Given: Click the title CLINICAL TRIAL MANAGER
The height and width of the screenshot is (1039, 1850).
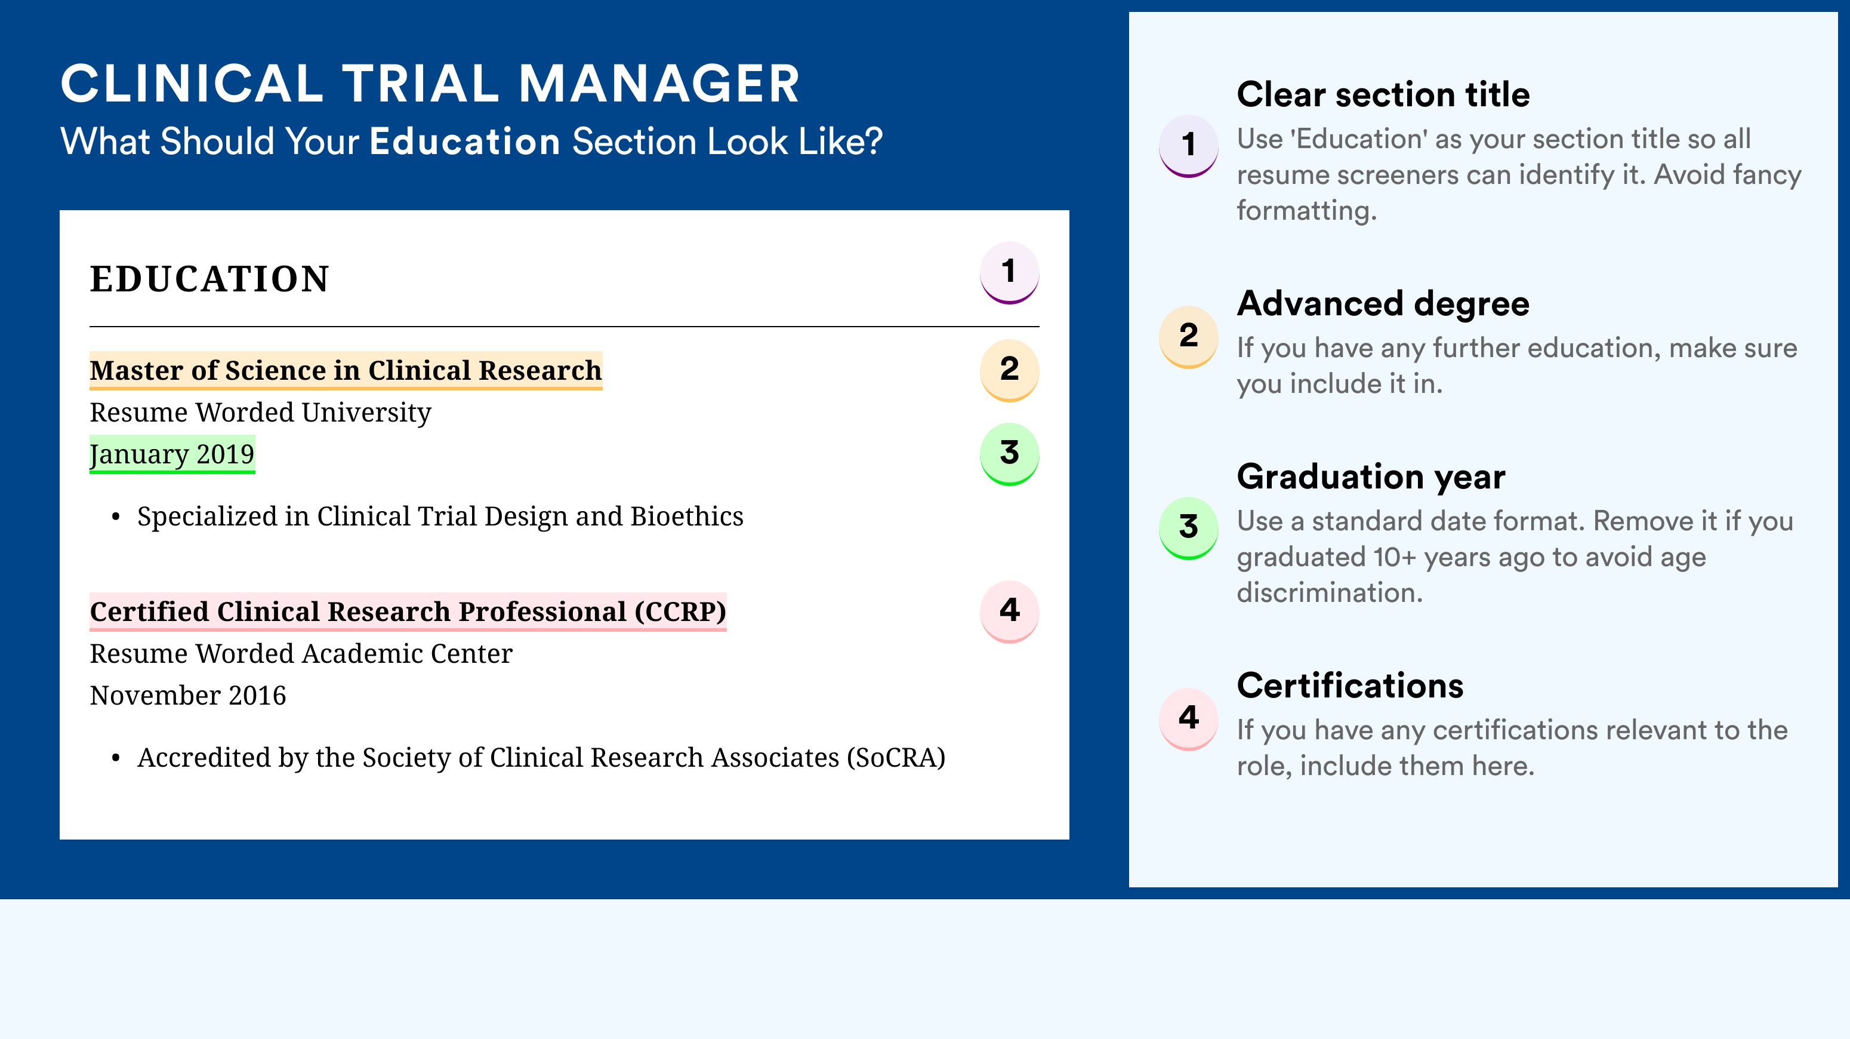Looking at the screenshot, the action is (430, 84).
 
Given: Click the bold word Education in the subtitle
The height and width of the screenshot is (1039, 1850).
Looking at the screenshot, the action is (465, 141).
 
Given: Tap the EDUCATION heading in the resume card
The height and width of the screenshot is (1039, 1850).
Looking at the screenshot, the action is (209, 279).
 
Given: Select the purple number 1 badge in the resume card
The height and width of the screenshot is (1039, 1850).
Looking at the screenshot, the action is (1009, 272).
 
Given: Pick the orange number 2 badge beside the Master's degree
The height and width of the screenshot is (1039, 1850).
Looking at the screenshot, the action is (1009, 370).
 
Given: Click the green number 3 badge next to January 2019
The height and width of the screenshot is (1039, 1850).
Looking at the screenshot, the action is (1009, 454).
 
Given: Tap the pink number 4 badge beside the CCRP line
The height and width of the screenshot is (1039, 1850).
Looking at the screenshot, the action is (1009, 611).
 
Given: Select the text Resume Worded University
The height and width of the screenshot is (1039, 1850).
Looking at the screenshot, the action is (260, 413).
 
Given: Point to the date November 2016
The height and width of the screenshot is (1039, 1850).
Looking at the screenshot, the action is (187, 696).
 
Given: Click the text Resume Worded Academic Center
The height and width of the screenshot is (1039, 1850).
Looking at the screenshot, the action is (301, 654).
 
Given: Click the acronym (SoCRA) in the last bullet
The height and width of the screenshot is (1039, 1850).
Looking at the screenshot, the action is (896, 757).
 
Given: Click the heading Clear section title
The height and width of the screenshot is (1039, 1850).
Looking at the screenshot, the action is (1383, 94).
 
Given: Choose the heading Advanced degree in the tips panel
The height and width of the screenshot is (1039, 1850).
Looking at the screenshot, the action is (1383, 304).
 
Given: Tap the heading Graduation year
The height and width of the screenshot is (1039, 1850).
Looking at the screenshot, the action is (1371, 477).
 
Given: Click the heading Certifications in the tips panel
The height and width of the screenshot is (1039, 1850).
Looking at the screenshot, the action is (1350, 686).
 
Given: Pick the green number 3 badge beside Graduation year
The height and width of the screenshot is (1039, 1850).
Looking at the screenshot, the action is (1189, 528).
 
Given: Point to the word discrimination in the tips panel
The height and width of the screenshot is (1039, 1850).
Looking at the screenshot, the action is (1330, 593).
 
